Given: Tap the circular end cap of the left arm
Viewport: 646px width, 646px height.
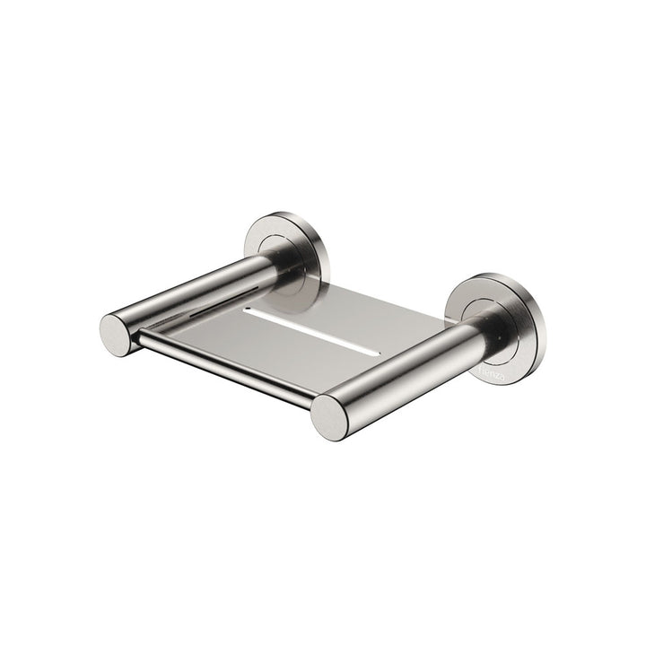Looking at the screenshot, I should [116, 334].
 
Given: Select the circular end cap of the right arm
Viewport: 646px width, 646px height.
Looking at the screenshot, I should [330, 416].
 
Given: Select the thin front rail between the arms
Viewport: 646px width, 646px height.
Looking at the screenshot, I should [224, 370].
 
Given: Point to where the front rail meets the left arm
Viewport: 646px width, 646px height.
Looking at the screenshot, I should [139, 338].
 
